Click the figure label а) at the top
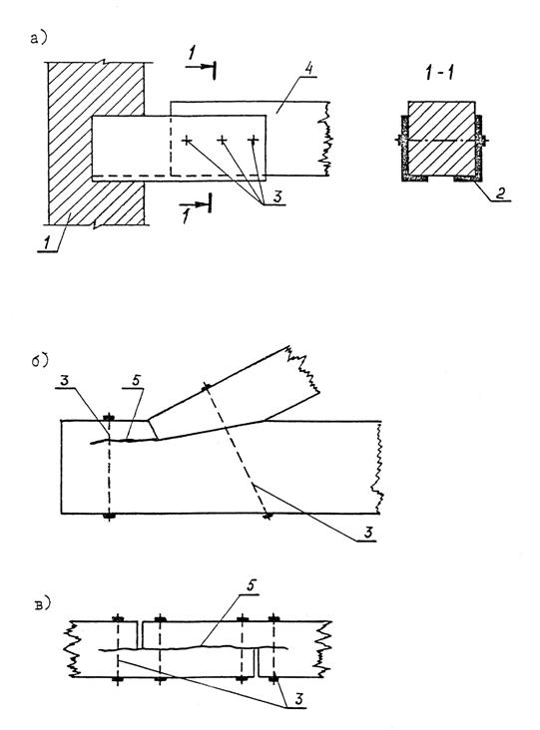[38, 38]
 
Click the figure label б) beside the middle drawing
[40, 361]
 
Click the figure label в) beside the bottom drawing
[42, 604]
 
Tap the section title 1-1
[440, 73]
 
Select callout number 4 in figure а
[308, 68]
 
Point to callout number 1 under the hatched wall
[48, 242]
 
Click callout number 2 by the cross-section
[500, 192]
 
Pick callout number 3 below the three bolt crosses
[277, 196]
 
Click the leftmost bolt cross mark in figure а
[187, 140]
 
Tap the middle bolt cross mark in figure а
[223, 140]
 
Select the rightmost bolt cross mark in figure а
[253, 140]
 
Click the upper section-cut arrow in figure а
[201, 68]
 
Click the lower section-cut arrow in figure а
[196, 203]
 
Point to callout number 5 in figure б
[136, 380]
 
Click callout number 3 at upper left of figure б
[64, 380]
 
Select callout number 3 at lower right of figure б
[368, 532]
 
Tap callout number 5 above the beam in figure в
[252, 585]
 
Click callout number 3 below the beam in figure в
[299, 698]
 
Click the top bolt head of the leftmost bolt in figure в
[119, 618]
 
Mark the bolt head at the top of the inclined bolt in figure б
[206, 386]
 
